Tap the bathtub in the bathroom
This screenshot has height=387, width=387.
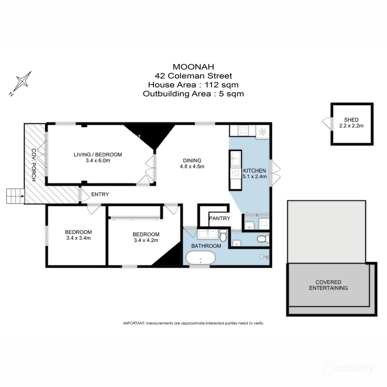[200, 258]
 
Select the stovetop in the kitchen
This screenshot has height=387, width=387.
[243, 130]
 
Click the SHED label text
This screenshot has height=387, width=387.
[351, 120]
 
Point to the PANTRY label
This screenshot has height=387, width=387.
[220, 218]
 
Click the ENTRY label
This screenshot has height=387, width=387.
[100, 194]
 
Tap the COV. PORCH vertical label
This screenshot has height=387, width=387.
[34, 165]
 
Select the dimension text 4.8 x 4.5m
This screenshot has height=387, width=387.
[192, 166]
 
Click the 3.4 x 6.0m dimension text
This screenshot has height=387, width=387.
[98, 161]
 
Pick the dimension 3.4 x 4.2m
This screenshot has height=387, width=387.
[146, 240]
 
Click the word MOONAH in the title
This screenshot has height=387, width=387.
[193, 67]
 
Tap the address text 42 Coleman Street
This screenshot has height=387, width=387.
[193, 76]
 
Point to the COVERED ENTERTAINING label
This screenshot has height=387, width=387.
[328, 285]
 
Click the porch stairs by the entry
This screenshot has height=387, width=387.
[15, 196]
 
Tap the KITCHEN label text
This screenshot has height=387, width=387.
[254, 171]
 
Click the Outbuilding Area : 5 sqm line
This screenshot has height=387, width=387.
[193, 94]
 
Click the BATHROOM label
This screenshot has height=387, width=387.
[206, 246]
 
